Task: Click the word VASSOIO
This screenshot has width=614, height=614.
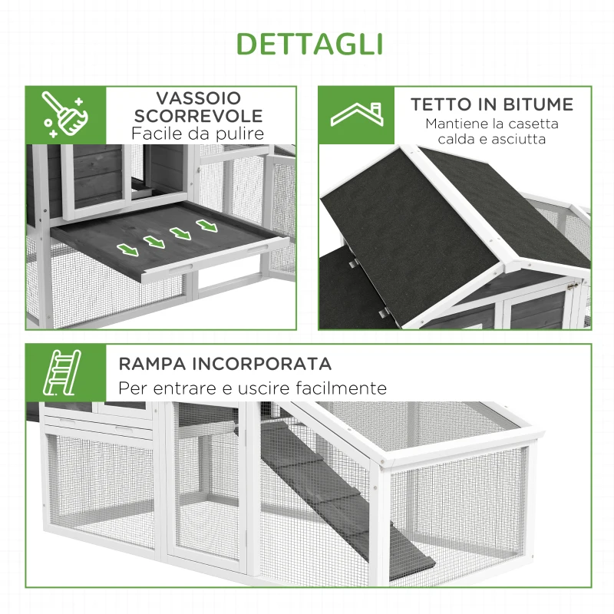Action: pyautogui.click(x=199, y=98)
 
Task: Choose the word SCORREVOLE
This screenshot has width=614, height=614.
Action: pyautogui.click(x=199, y=116)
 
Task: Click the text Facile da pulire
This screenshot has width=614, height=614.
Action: pyautogui.click(x=198, y=134)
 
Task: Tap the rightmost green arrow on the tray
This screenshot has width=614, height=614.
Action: pyautogui.click(x=206, y=226)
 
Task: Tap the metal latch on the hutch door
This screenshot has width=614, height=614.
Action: pyautogui.click(x=570, y=285)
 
